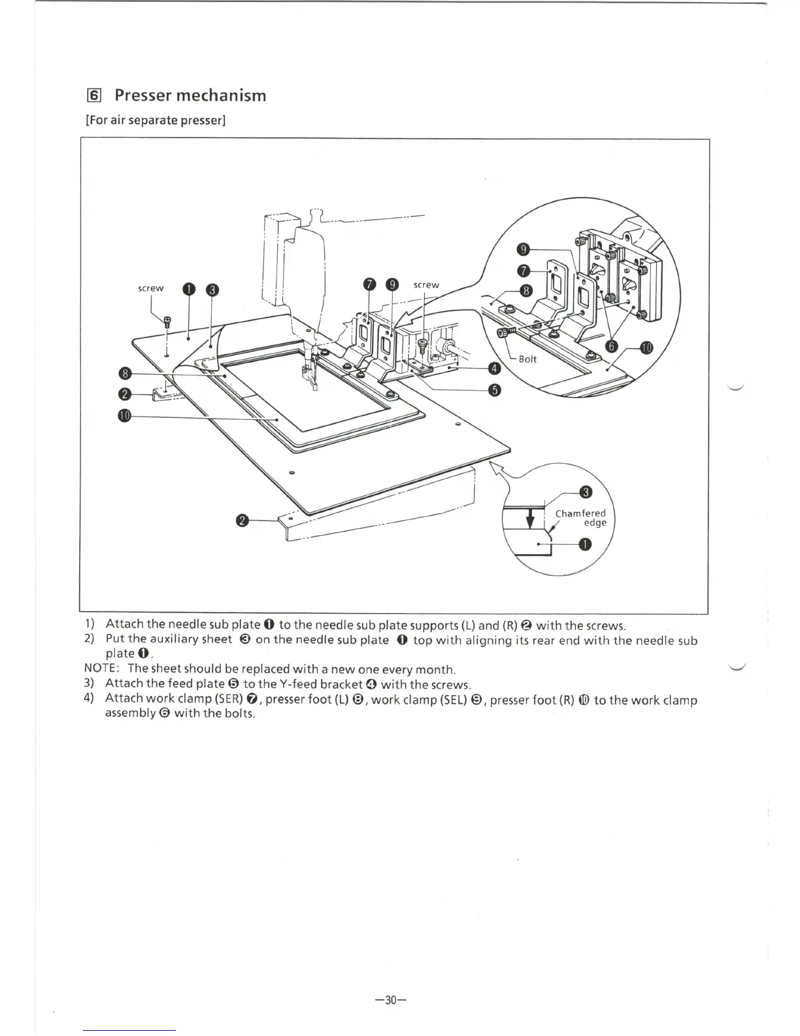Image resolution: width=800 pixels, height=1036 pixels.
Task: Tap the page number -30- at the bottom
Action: [391, 999]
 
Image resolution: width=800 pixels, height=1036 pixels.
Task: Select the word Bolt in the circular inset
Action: [527, 359]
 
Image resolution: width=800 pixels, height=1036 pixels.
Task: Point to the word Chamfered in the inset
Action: [580, 513]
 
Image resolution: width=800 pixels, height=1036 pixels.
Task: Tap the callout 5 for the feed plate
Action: [495, 390]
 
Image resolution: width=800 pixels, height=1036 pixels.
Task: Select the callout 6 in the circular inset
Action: [612, 347]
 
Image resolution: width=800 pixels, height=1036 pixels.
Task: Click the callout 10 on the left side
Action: [125, 416]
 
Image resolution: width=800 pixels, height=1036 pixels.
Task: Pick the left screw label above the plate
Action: [151, 288]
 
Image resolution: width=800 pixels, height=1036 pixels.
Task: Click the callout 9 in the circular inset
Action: [523, 249]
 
